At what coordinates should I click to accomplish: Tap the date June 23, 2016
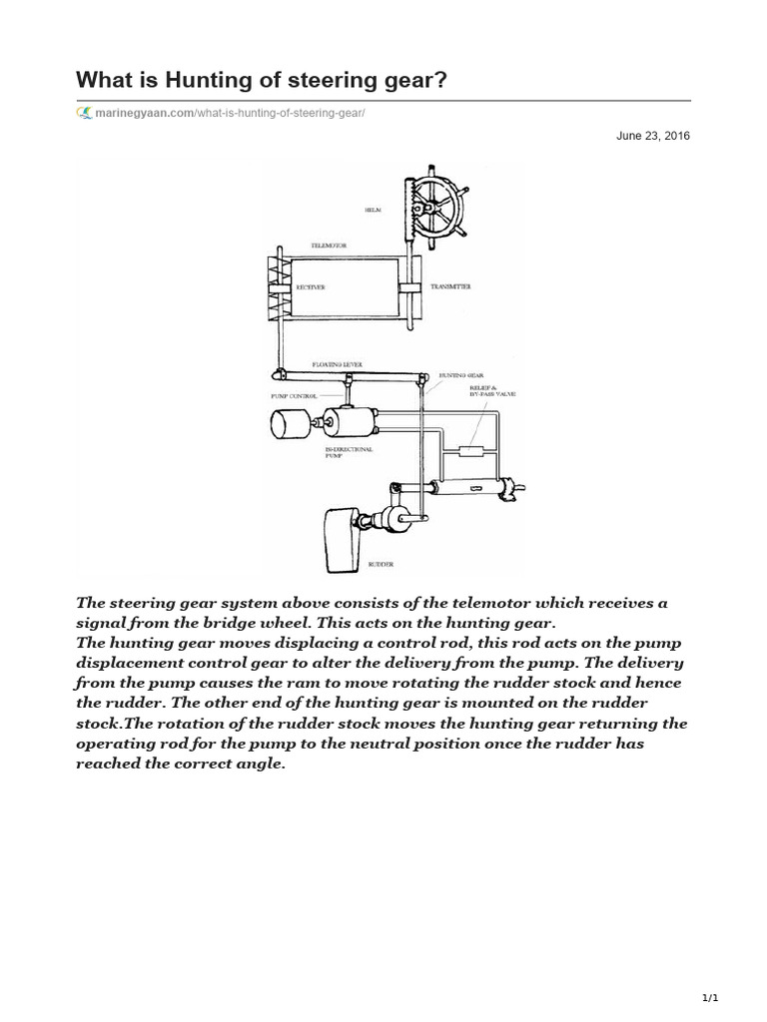pos(653,136)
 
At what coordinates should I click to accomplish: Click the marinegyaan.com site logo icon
pos(85,113)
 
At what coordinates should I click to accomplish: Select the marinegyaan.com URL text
pos(231,113)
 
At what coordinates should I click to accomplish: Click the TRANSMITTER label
pos(444,286)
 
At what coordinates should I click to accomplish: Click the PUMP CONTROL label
pos(294,395)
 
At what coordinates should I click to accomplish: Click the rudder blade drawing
pos(341,539)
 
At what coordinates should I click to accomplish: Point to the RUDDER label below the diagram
pos(381,564)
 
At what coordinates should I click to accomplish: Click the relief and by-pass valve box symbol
pos(469,450)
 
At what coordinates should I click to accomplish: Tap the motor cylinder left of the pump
pos(291,425)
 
